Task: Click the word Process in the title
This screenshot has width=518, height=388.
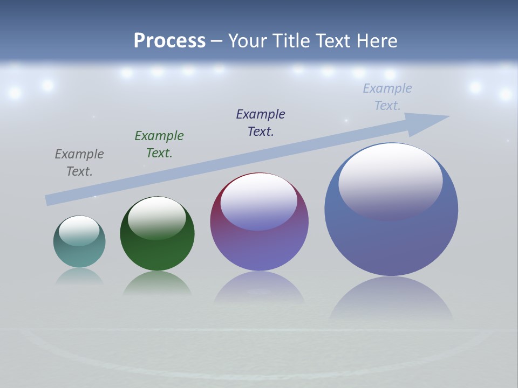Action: tap(169, 41)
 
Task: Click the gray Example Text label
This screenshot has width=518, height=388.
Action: tap(79, 163)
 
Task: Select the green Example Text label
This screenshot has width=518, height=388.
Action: tap(159, 144)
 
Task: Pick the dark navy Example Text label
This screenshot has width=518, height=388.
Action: tap(261, 123)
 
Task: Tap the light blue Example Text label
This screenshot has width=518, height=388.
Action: tap(387, 97)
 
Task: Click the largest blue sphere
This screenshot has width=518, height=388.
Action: tap(391, 242)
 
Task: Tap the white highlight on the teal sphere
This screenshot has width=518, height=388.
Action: tap(79, 231)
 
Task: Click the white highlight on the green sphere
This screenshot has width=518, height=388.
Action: tap(157, 218)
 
